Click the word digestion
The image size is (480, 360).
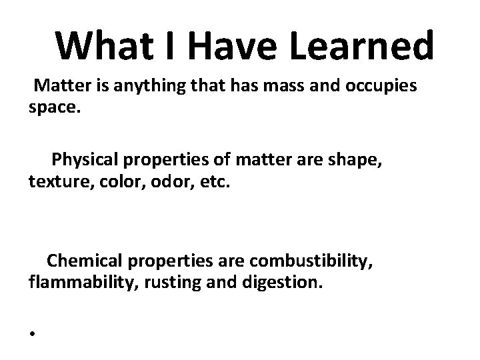(x=289, y=282)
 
